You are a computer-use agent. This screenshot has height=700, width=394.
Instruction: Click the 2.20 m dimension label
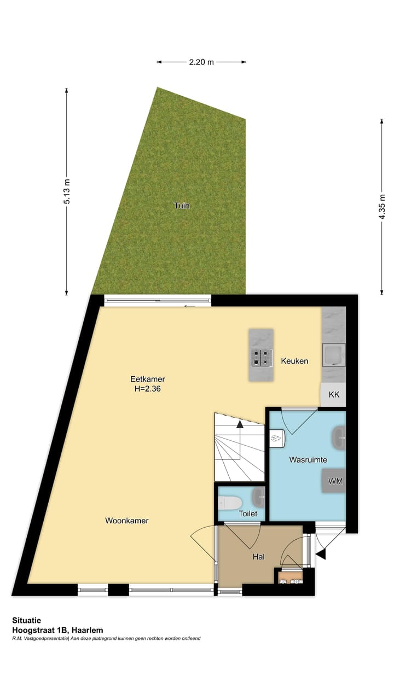point(201,62)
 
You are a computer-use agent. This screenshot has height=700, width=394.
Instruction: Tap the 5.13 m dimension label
point(67,192)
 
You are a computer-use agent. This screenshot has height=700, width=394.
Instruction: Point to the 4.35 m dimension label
point(382,207)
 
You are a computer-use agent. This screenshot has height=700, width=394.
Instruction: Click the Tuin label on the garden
point(182,206)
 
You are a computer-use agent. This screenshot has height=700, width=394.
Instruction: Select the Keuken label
point(294,361)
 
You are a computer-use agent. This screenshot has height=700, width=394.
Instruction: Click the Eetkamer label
point(148,378)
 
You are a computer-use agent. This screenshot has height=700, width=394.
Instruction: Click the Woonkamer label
point(127,521)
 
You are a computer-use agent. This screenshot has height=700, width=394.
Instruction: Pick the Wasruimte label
point(308,460)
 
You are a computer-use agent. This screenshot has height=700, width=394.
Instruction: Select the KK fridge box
point(333,394)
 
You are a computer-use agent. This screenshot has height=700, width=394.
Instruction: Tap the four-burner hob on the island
point(261,358)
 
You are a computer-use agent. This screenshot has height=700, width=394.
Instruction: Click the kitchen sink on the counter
point(333,354)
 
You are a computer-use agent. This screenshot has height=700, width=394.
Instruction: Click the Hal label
point(259,557)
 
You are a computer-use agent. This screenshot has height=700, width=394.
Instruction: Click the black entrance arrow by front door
point(321,555)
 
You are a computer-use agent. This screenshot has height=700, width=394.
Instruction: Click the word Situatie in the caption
point(26,621)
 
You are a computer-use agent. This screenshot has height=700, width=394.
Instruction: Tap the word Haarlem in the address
point(89,630)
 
